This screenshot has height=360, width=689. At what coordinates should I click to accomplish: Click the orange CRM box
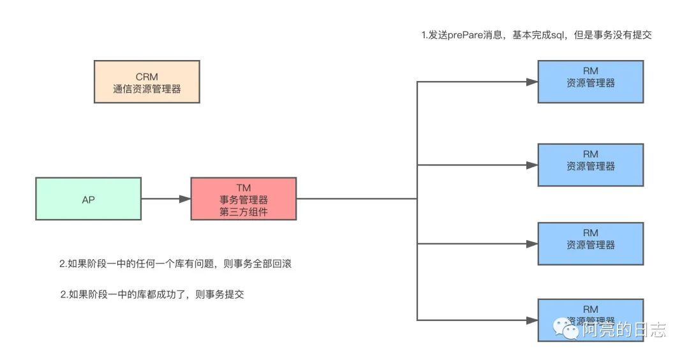147,82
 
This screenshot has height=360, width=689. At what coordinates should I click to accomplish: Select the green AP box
88,199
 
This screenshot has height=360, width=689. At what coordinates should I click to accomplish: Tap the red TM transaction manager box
243,199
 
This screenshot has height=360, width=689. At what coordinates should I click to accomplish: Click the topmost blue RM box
590,82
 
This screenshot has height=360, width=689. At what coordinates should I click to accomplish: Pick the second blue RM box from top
590,165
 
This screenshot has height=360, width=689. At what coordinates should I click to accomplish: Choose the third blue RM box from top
590,243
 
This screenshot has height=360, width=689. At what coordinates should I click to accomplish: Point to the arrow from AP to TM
166,199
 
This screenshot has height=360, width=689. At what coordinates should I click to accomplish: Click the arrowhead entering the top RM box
531,82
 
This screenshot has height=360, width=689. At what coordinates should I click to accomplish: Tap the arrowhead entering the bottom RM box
531,319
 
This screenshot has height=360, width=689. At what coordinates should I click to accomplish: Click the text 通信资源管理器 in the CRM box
147,89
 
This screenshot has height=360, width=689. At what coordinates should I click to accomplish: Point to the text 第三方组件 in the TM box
243,212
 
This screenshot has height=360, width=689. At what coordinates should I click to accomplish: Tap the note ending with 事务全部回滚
175,264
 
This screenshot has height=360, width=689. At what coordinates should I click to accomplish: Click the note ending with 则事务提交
152,294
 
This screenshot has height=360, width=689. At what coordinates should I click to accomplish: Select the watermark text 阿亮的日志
623,329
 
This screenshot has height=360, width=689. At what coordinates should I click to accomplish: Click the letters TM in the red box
243,187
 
